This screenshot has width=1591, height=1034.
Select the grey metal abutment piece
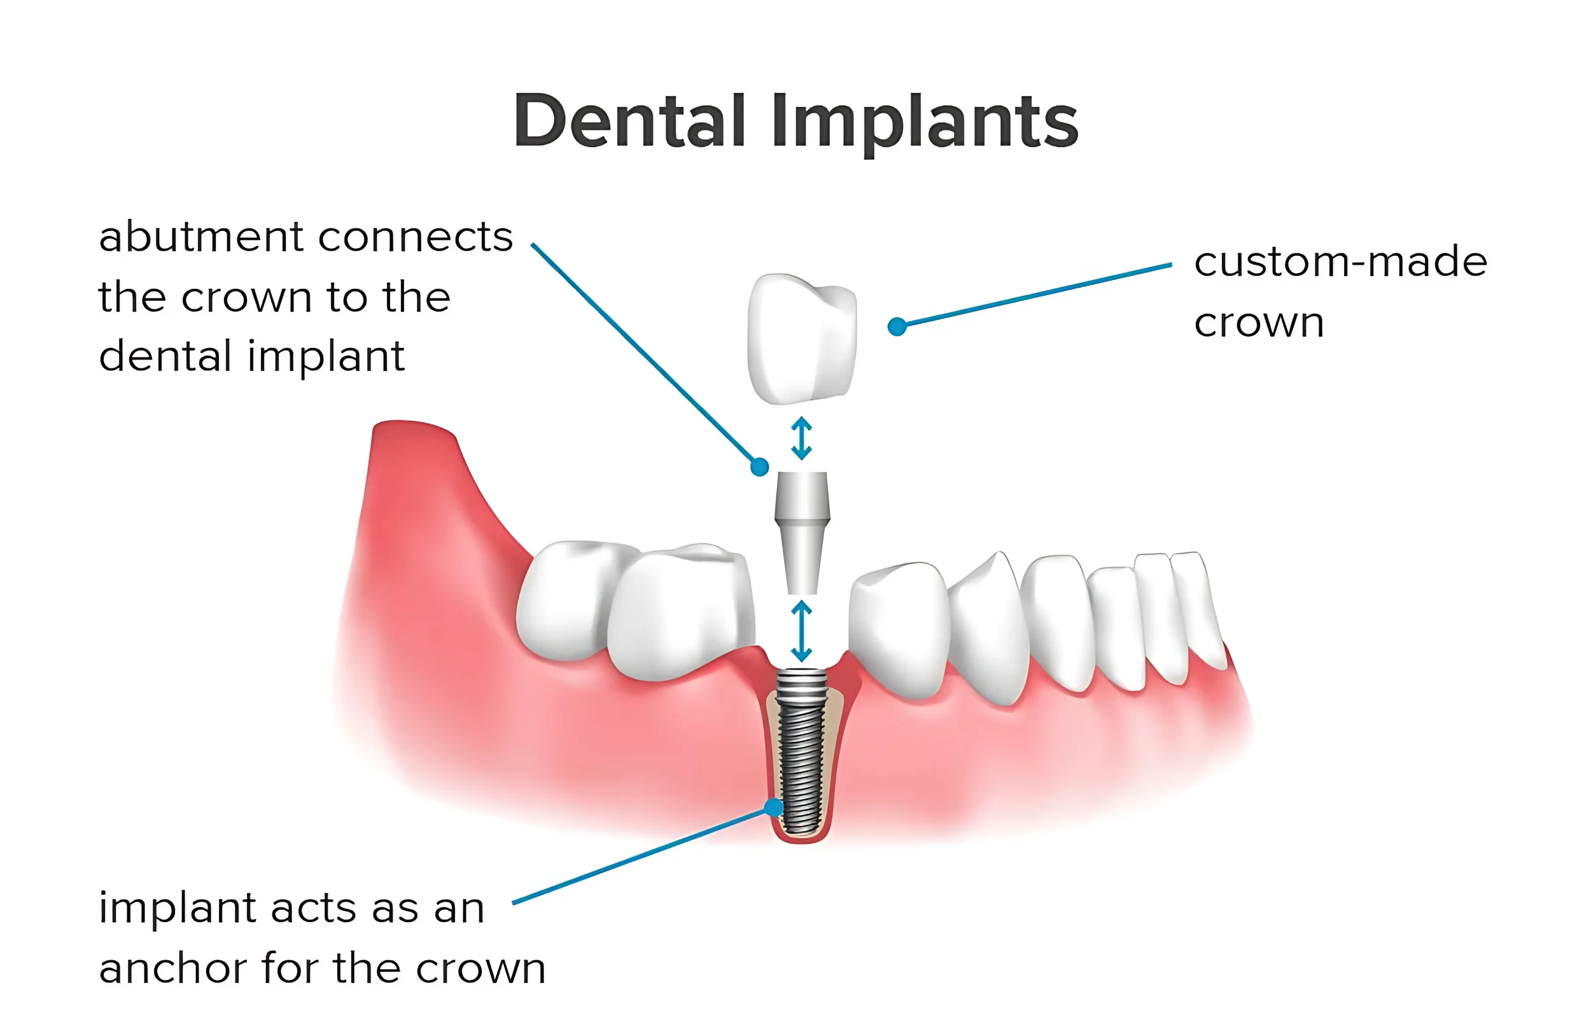(x=803, y=533)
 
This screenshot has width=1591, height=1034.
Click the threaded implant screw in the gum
(x=801, y=752)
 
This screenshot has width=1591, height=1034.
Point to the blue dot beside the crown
(x=897, y=326)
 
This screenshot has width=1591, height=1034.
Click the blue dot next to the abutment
(x=759, y=466)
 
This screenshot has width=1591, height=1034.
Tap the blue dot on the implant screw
(x=774, y=807)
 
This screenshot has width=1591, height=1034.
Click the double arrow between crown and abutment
(x=801, y=438)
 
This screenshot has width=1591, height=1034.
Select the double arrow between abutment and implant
(x=801, y=631)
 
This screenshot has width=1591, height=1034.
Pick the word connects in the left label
(x=416, y=238)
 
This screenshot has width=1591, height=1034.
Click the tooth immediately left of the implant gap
(x=682, y=611)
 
